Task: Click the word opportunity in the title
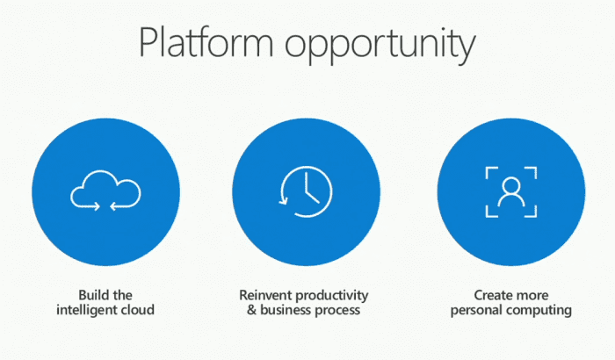[x=380, y=46]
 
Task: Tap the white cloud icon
[x=105, y=191]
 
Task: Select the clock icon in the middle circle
[x=306, y=191]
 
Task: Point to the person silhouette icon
[x=511, y=191]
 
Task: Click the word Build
[x=91, y=295]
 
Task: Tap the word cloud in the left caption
[x=138, y=310]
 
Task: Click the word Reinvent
[x=265, y=295]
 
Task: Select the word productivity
[x=332, y=296]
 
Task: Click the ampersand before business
[x=252, y=310]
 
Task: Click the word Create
[x=492, y=295]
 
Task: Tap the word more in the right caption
[x=531, y=296]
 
